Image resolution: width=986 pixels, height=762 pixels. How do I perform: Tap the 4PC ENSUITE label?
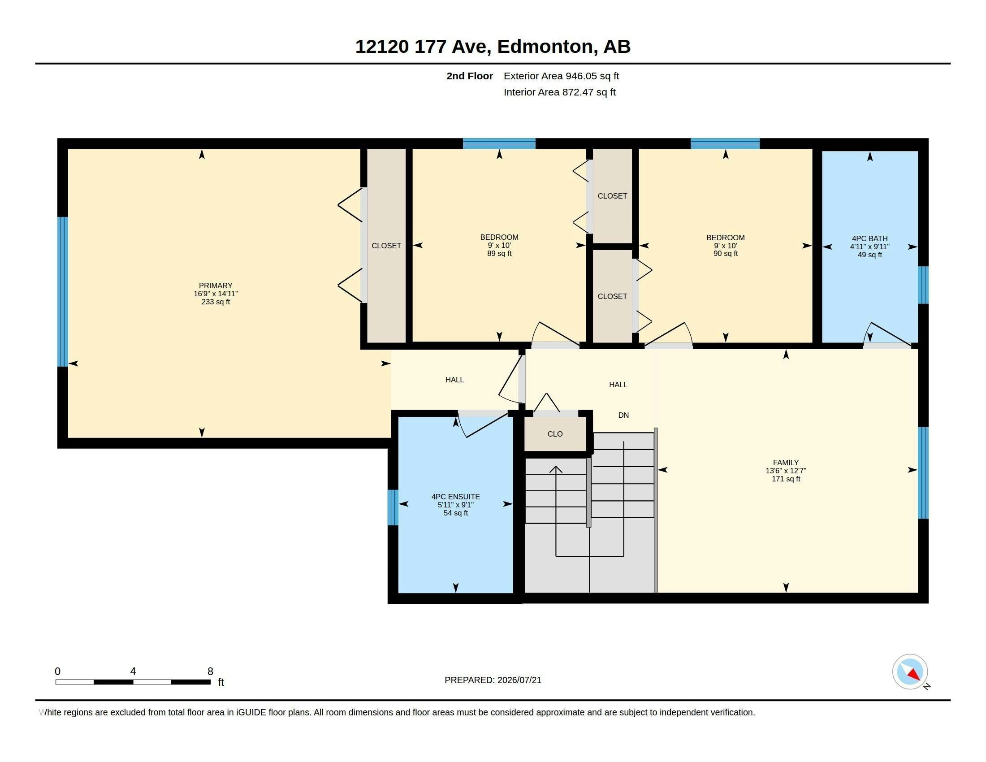pos(455,497)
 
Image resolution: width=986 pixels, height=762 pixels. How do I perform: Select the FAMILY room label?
pos(786,462)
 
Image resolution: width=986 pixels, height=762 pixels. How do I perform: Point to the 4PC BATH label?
pos(869,238)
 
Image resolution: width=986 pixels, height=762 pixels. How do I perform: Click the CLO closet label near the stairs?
pos(555,434)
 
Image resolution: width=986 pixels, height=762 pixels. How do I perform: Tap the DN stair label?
pos(623,415)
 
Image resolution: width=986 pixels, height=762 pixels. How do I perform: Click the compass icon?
pos(910,672)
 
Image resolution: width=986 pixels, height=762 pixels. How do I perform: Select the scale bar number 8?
pos(210,671)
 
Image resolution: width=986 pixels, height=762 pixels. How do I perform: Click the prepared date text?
pos(493,680)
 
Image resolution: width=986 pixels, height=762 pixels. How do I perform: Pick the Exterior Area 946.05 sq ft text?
pos(561,76)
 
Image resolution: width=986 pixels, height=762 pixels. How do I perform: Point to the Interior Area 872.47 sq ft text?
pos(559,92)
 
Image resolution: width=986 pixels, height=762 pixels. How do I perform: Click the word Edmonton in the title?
pos(545,47)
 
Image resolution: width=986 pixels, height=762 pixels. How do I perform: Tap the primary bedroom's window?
pos(63,292)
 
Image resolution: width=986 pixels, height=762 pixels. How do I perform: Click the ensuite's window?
pos(393,507)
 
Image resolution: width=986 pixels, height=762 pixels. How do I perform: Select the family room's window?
pos(923,472)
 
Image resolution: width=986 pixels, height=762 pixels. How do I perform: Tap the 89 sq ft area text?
pos(499,253)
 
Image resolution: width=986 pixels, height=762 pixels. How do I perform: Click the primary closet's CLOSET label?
pos(386,246)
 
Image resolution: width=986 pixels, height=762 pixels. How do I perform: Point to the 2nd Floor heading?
pos(470,76)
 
